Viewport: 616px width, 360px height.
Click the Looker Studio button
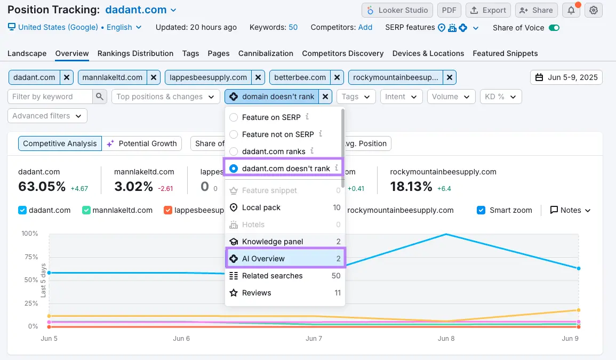click(397, 10)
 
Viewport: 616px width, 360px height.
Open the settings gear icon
click(594, 10)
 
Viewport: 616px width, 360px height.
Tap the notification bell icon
click(571, 10)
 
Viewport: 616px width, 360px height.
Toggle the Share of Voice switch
click(554, 28)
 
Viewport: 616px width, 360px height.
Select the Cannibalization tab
click(266, 53)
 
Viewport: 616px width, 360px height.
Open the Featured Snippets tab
click(505, 53)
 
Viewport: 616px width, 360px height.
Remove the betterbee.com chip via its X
click(337, 77)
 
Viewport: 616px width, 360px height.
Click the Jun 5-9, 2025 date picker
click(566, 77)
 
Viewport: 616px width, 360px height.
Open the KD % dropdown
click(500, 97)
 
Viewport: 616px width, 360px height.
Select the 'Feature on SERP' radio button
click(234, 117)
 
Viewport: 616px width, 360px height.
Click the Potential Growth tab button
click(142, 143)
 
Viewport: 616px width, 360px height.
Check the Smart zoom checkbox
click(481, 210)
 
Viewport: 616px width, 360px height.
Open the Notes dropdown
click(570, 210)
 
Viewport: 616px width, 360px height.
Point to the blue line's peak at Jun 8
click(445, 234)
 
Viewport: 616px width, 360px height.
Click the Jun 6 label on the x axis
click(182, 339)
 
